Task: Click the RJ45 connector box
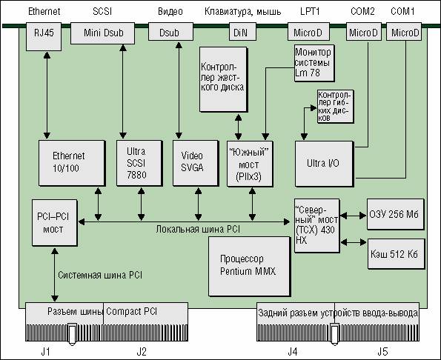(x=44, y=37)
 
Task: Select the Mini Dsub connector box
(x=102, y=33)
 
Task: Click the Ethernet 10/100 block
(x=72, y=163)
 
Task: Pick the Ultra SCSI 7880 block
(x=139, y=163)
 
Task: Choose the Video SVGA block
(x=196, y=163)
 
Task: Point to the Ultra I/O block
(x=324, y=164)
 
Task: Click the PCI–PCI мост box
(x=55, y=223)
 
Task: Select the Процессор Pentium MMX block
(x=249, y=266)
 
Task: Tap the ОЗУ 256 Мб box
(x=396, y=214)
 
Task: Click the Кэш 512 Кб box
(x=396, y=254)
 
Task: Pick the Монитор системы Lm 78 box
(x=314, y=63)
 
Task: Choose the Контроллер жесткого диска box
(x=224, y=79)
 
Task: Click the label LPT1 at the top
(x=310, y=12)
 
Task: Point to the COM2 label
(x=362, y=12)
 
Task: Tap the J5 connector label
(x=382, y=351)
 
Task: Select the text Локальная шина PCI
(x=198, y=230)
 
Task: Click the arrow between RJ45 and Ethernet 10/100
(x=47, y=96)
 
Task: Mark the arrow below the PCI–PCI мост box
(x=55, y=275)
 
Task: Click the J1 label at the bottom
(x=45, y=351)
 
